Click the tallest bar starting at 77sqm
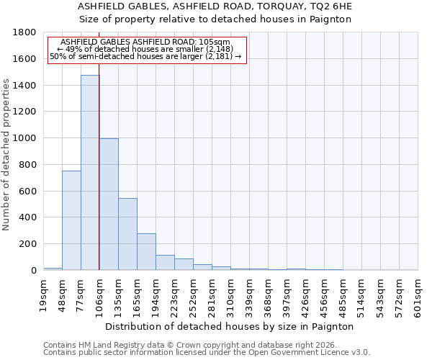click(x=90, y=173)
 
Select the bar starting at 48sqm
click(x=71, y=220)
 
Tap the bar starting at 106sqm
click(x=109, y=204)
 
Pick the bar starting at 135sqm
click(x=127, y=234)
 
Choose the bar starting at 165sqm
click(x=146, y=252)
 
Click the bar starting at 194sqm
click(x=165, y=263)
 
